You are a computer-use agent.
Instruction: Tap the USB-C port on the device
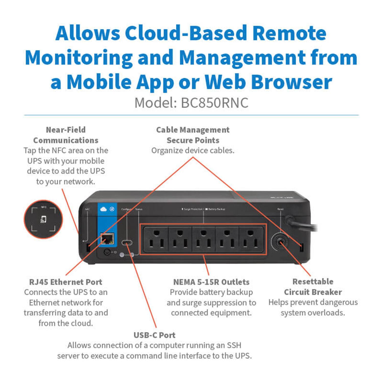127,243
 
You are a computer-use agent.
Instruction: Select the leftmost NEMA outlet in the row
156,239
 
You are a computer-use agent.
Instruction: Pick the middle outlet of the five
204,239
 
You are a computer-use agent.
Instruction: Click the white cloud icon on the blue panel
103,209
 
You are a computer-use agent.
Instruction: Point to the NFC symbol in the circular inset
43,219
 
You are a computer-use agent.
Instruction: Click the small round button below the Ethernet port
107,252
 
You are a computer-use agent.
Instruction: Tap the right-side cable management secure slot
302,247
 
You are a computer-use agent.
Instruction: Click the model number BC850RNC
214,103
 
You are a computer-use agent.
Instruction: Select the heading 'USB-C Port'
154,335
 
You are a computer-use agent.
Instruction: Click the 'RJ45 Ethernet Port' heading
66,282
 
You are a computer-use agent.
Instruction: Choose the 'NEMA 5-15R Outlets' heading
211,282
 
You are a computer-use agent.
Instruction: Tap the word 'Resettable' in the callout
313,281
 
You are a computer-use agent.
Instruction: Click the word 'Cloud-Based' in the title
186,33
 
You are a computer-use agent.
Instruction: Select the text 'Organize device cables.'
193,150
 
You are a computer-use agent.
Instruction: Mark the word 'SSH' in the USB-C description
234,345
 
